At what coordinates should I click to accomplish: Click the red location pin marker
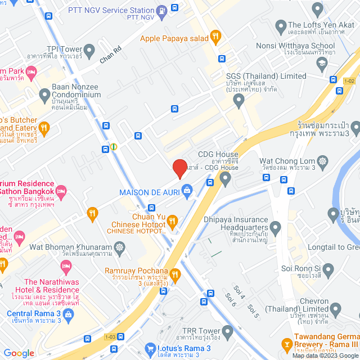tap(179, 168)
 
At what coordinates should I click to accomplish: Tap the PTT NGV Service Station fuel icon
tap(162, 10)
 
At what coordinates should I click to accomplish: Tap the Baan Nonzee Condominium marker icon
tap(44, 94)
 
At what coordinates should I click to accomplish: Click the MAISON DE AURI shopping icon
tap(186, 192)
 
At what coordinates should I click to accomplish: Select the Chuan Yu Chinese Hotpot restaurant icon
tap(173, 220)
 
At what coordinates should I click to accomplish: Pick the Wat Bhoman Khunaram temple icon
tap(119, 247)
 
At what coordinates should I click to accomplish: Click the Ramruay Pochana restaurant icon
tap(176, 274)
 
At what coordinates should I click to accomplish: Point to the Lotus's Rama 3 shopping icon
tap(150, 349)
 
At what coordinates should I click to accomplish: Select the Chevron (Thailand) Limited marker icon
tap(336, 308)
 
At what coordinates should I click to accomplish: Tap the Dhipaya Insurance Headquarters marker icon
tap(275, 228)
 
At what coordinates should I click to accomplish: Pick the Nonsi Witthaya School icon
tap(321, 63)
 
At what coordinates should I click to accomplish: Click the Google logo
tap(19, 353)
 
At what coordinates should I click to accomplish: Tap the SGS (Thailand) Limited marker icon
tap(239, 102)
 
